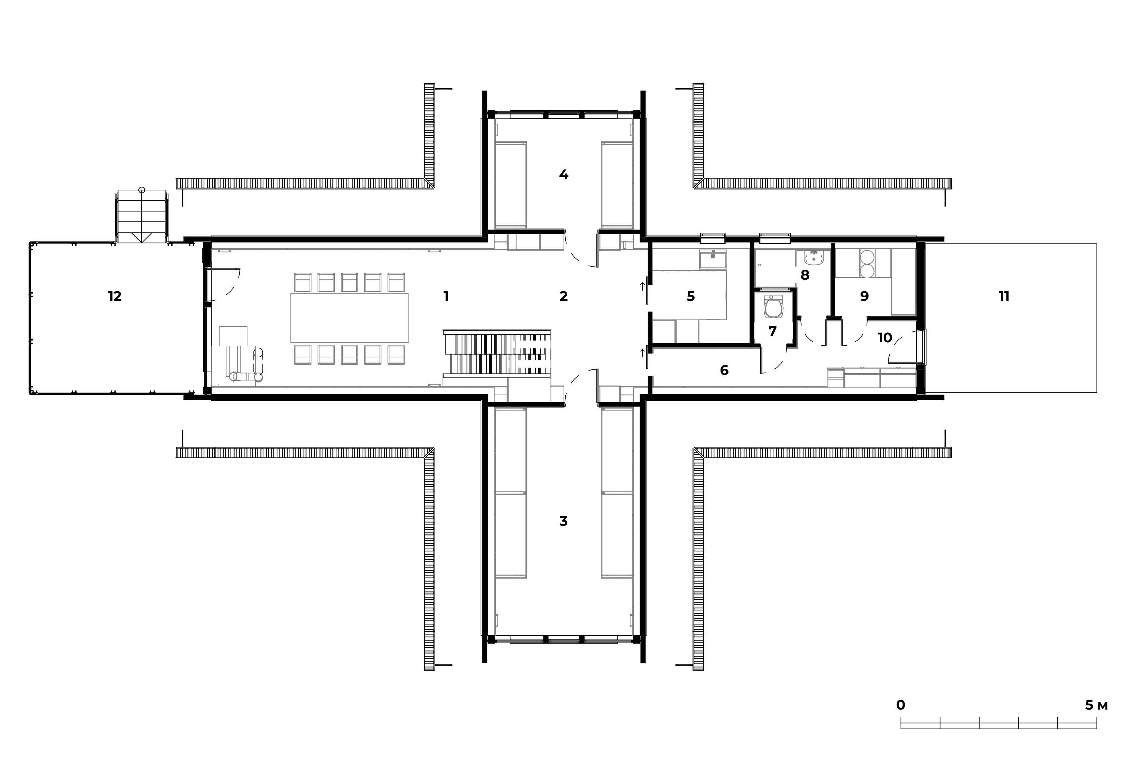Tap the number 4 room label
563,174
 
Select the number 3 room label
563,521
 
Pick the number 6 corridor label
724,370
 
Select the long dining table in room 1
350,318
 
